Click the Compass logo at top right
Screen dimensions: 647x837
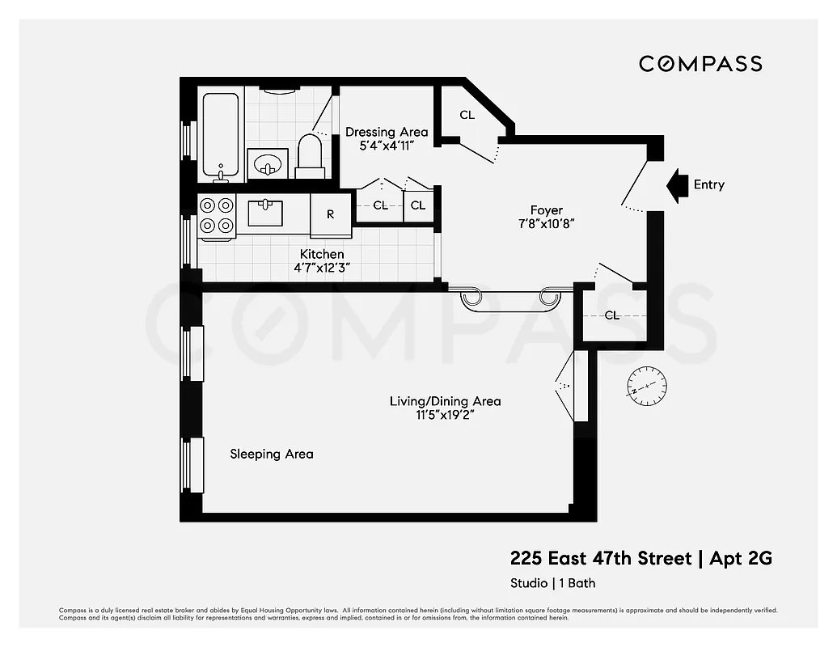point(700,64)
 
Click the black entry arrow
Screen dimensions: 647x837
point(676,185)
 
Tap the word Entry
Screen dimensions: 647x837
point(709,185)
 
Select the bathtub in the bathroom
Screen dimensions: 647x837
point(221,136)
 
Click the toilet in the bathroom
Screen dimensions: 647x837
point(310,156)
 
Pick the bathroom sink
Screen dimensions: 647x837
point(267,164)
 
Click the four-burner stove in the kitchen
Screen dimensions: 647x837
point(217,216)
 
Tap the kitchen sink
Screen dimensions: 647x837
point(265,214)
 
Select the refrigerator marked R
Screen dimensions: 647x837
point(331,215)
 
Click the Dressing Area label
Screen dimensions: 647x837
point(387,132)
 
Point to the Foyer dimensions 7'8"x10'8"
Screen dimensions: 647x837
point(547,224)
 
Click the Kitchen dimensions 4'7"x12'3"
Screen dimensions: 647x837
point(322,268)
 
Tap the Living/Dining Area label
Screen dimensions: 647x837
point(445,401)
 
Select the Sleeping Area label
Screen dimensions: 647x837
point(271,455)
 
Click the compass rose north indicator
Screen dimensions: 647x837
point(647,385)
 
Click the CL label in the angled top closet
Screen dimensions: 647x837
point(467,115)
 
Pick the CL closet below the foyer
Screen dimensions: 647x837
point(612,315)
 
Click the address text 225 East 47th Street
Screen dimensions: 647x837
point(601,559)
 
